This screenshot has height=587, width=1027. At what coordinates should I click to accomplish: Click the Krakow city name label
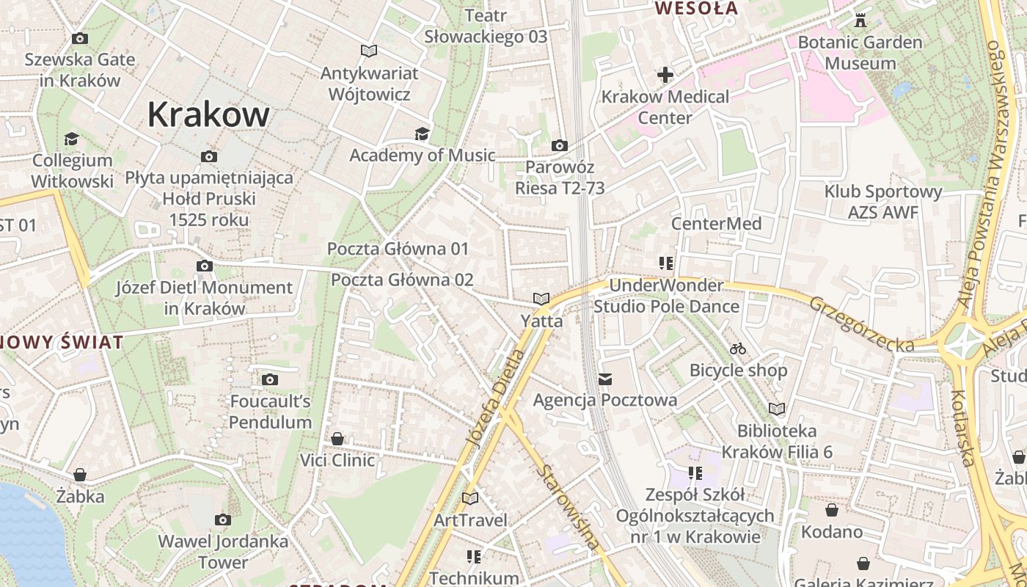tap(208, 114)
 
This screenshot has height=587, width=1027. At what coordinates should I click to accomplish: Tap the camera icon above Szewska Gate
tap(80, 38)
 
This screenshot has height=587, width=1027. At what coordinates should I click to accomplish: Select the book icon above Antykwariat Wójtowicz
tap(369, 51)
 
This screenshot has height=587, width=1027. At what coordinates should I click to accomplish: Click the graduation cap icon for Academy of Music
tap(422, 134)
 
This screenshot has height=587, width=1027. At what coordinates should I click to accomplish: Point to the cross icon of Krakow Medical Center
tap(665, 75)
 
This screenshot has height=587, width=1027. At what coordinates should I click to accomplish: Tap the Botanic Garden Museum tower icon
tap(860, 21)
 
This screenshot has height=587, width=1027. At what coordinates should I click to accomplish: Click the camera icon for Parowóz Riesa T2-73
tap(559, 146)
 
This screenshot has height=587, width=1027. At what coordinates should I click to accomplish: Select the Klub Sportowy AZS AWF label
tap(882, 202)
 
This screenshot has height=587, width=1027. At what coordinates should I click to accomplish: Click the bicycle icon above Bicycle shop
tap(738, 349)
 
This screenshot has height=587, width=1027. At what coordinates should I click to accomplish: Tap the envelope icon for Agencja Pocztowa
tap(605, 379)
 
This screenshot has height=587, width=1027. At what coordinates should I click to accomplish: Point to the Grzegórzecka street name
tap(862, 324)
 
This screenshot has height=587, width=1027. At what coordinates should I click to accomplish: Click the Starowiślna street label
tap(568, 507)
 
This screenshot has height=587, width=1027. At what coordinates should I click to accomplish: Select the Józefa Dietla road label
tap(497, 397)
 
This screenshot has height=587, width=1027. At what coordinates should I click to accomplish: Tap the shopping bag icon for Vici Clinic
tap(337, 439)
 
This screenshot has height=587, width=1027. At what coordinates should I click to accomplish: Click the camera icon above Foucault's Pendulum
tap(270, 379)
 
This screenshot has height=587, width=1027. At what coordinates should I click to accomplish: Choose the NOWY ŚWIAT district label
tap(62, 342)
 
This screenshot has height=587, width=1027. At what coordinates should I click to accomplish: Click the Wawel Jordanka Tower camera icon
tap(223, 519)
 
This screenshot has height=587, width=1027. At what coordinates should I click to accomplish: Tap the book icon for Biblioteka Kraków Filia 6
tap(777, 409)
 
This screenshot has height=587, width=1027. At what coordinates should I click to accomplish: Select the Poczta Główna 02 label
tap(402, 280)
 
